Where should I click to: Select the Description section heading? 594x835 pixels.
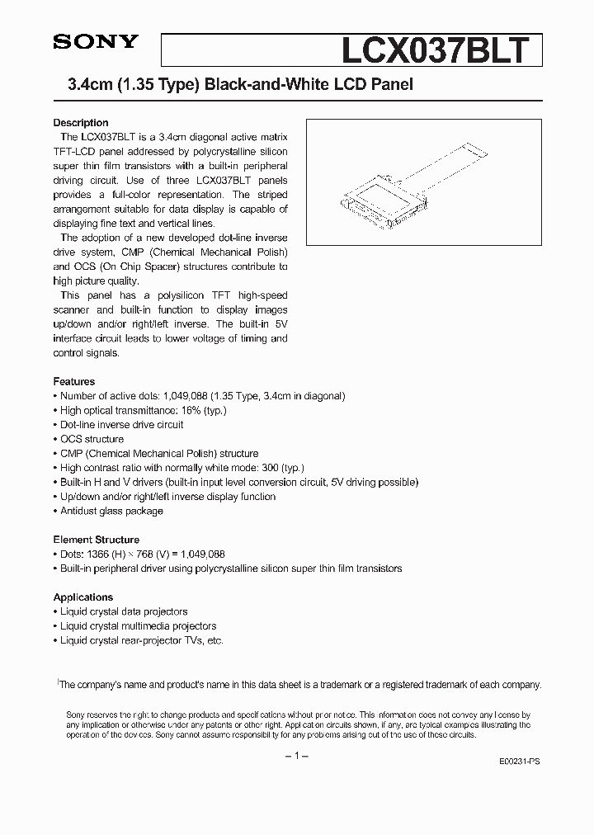tap(81, 123)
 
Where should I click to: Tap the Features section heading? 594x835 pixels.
tap(74, 382)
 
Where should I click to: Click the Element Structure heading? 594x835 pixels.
tap(97, 540)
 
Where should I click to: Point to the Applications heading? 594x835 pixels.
tap(83, 597)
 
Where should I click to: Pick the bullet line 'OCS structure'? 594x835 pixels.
tap(92, 440)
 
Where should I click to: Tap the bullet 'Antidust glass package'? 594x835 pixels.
tap(111, 512)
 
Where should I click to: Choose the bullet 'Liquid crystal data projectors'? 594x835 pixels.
tap(124, 612)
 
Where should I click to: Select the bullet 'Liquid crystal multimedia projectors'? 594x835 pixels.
tap(138, 626)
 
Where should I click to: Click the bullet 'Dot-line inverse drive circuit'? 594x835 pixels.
tap(121, 425)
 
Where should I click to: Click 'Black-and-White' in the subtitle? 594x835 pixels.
tap(249, 84)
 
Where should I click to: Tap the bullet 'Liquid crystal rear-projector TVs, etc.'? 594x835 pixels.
tap(141, 641)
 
